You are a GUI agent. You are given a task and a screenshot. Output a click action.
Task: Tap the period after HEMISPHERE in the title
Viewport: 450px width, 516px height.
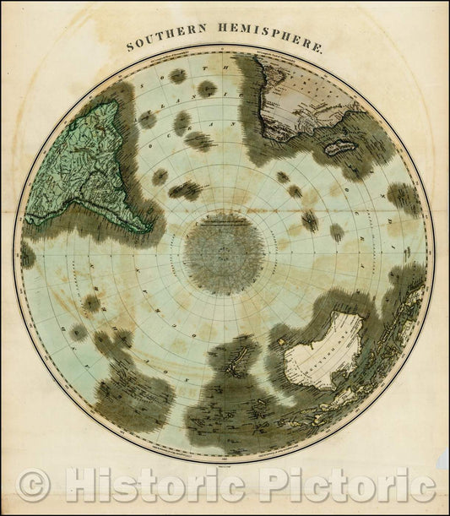click(322, 52)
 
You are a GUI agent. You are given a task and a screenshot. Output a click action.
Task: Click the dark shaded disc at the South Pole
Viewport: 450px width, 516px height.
click(224, 253)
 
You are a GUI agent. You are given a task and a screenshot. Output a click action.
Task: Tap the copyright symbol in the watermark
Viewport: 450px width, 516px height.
click(34, 486)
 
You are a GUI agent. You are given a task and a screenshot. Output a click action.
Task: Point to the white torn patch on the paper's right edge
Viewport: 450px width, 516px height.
click(442, 460)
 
